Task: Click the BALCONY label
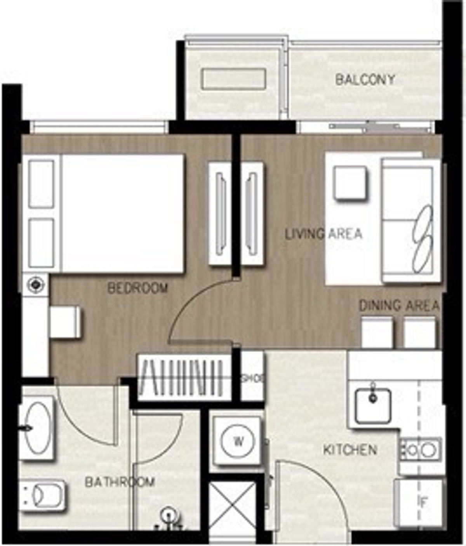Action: click(x=365, y=80)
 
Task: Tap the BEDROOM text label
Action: click(x=137, y=288)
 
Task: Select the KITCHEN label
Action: click(x=350, y=450)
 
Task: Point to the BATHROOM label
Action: click(x=120, y=482)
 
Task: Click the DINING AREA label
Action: click(x=399, y=306)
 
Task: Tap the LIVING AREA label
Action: click(x=323, y=234)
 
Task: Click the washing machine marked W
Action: click(x=237, y=441)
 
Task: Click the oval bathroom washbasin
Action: click(x=37, y=427)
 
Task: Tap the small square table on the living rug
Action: click(x=350, y=183)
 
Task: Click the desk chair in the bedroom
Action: click(x=65, y=322)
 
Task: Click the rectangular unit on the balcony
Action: click(x=233, y=79)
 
